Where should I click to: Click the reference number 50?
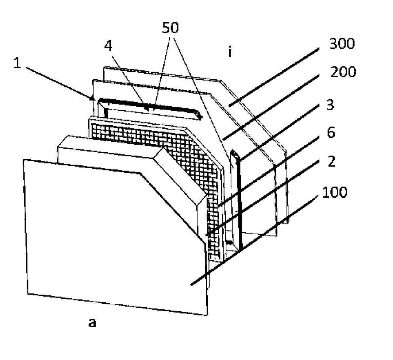point(170,27)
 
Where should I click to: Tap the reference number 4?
point(108,46)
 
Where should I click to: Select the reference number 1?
point(17,63)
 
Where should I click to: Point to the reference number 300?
point(342,44)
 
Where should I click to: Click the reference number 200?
point(343,72)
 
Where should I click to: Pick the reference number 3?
point(330,105)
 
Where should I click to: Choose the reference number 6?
point(331,133)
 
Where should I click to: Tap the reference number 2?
point(331,161)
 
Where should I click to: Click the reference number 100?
point(335,192)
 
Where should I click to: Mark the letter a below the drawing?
point(92,323)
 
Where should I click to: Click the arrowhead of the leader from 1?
point(92,98)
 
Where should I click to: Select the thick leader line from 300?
point(274,77)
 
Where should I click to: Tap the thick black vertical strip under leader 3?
point(240,205)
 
